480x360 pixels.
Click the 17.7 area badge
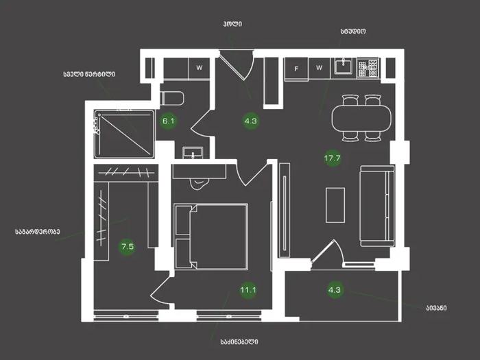pos(333,158)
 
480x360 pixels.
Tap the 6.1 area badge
pos(169,121)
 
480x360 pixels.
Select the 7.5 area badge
pos(128,246)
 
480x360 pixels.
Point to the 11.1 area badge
pos(248,289)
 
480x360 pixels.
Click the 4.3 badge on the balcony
pos(335,289)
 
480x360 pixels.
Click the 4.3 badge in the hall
pos(251,121)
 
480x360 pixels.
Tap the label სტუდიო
pos(353,32)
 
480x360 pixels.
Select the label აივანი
pos(436,308)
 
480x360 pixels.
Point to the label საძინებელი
pos(239,341)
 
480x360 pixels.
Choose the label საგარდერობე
pos(37,232)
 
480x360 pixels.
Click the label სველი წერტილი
pos(89,74)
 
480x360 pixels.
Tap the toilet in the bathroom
pos(172,98)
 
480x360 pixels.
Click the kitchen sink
pos(343,66)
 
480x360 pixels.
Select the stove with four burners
pos(368,68)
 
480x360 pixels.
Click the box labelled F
pos(296,69)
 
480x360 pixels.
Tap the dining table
pos(361,118)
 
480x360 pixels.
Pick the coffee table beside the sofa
pos(335,205)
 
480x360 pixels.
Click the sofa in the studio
pos(377,206)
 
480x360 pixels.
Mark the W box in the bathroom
pos(200,68)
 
